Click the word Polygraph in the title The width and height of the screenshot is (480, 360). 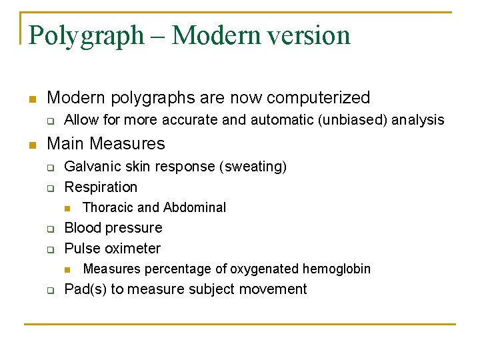coord(86,35)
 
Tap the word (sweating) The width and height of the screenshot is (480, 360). coord(253,166)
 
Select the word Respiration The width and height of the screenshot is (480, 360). coord(101,187)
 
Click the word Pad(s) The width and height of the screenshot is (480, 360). coord(85,289)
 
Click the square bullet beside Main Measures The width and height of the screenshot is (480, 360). coord(31,144)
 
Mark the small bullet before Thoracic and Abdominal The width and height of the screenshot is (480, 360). coord(66,208)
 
